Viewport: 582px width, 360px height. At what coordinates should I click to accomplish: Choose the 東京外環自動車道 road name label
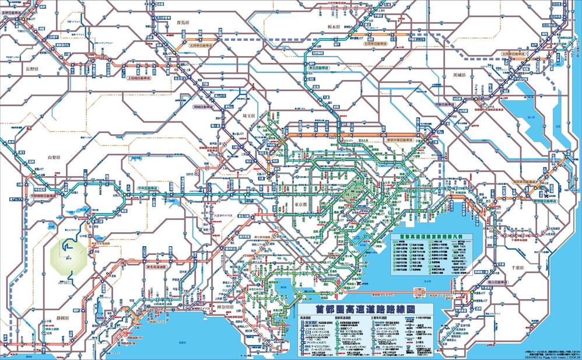(x=403, y=140)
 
